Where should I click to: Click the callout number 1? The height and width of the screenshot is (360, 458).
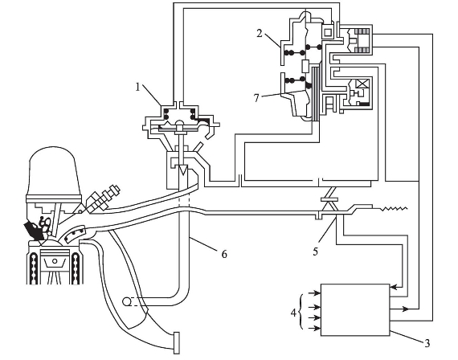(138, 87)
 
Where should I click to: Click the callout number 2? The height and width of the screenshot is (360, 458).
(260, 33)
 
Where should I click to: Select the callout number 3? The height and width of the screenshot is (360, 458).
(427, 343)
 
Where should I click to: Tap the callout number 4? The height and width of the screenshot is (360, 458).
(293, 313)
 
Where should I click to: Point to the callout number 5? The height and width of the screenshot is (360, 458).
(316, 252)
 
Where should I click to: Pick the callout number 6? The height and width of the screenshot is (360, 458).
(224, 254)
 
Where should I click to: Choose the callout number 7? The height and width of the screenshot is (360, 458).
(256, 98)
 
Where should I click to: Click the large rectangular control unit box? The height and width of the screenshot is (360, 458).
(355, 309)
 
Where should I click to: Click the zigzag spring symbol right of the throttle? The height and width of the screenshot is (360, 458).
(393, 209)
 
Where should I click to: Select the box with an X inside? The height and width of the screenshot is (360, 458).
(362, 84)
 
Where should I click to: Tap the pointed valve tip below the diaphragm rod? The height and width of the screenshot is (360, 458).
(183, 170)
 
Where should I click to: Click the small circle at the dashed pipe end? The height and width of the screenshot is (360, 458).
(126, 301)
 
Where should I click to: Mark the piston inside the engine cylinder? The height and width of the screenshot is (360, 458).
(55, 260)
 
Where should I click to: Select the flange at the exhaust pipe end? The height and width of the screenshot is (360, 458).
(177, 343)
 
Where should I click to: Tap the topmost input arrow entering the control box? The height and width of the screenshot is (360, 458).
(315, 293)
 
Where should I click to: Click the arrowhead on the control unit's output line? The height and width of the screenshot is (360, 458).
(405, 309)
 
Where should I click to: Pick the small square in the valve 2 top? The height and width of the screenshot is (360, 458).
(328, 31)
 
